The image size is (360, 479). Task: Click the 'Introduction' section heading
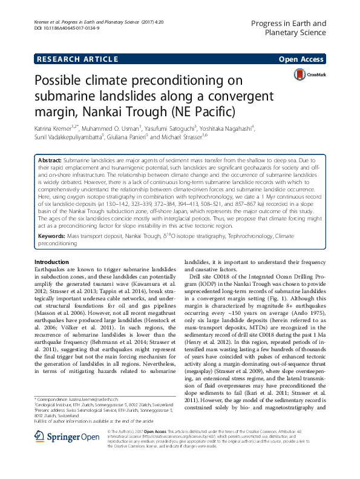coord(53,278)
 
